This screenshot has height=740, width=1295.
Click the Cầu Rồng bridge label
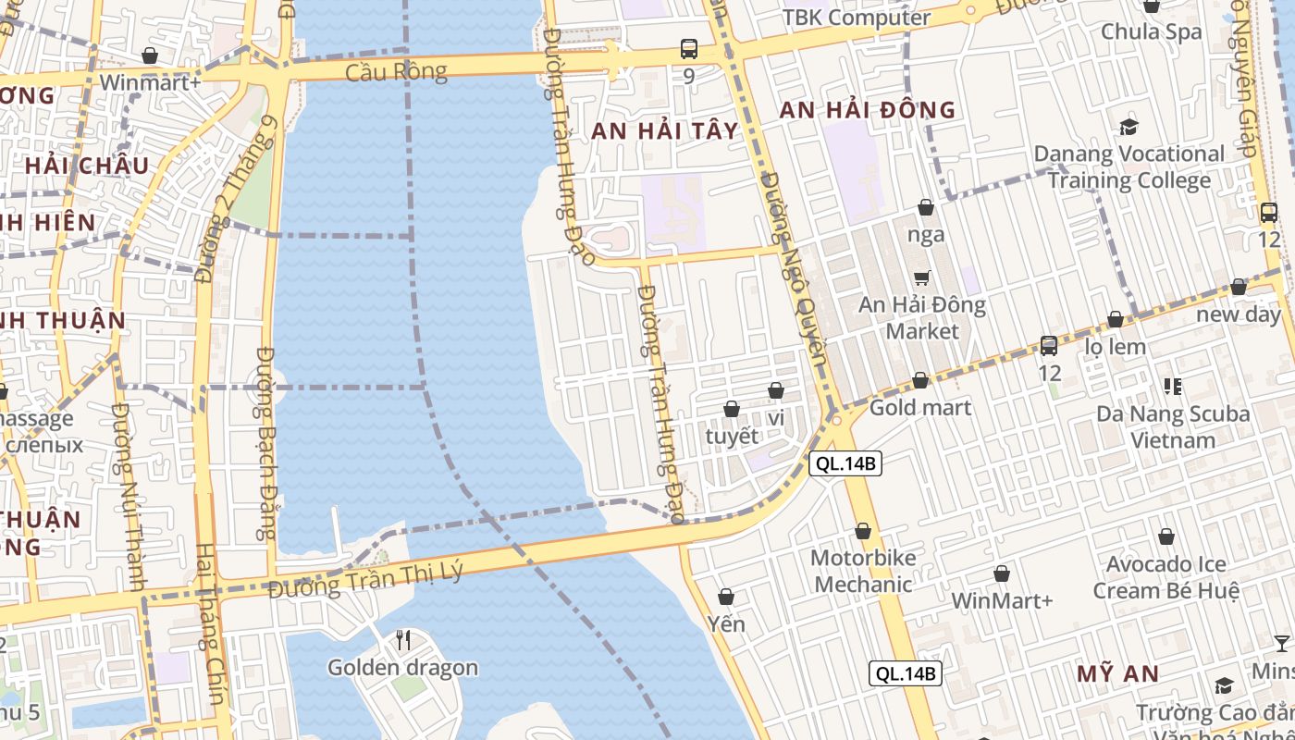(x=396, y=71)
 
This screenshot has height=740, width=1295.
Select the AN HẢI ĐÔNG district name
(x=867, y=110)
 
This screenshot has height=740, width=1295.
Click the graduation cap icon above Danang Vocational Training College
(x=1128, y=127)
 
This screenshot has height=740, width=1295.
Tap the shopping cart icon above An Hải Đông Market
(x=922, y=277)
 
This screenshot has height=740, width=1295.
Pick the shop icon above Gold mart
(x=920, y=380)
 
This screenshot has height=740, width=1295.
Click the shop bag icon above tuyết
(x=732, y=409)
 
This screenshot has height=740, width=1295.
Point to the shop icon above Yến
(x=726, y=597)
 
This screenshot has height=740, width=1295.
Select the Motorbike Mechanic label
(x=863, y=571)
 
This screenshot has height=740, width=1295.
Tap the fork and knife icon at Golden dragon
(x=403, y=640)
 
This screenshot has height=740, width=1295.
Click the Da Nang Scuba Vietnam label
(x=1173, y=426)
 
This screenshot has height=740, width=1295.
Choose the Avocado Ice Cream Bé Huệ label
(x=1165, y=577)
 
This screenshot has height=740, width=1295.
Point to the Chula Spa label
(x=1151, y=31)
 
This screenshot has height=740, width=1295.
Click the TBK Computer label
(x=857, y=18)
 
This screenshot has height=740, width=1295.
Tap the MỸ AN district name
(x=1117, y=673)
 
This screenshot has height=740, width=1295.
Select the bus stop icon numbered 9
(x=688, y=49)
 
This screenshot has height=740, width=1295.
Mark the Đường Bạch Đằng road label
(x=266, y=444)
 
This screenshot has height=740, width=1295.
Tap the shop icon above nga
(x=926, y=207)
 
